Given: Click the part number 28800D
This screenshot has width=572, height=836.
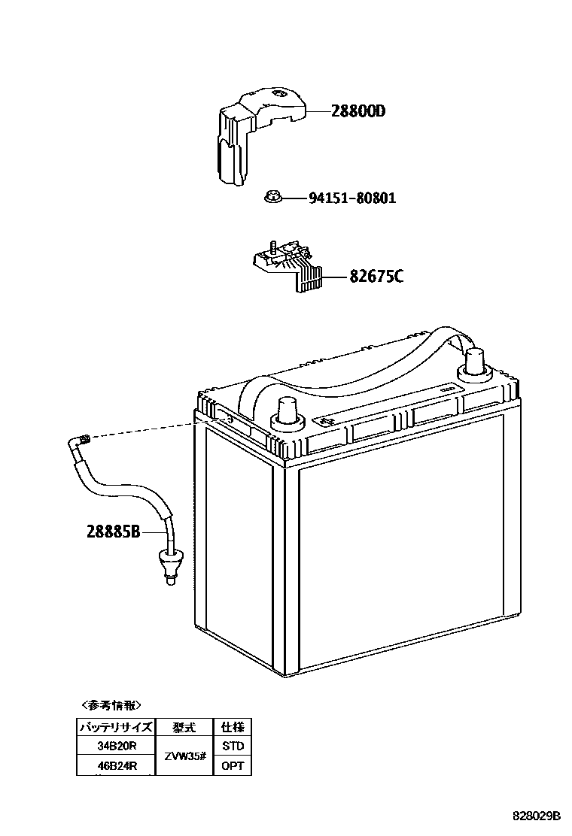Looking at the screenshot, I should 358,111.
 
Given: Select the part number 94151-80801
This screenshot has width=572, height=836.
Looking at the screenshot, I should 351,198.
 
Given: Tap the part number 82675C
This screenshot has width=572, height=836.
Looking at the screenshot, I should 376,276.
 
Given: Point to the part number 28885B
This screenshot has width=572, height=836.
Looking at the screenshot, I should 114,532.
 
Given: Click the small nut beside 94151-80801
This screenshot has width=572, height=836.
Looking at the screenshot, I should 272,198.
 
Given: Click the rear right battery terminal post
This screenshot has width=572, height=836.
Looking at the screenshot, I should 476,363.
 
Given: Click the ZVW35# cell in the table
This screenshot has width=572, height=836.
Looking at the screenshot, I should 184,756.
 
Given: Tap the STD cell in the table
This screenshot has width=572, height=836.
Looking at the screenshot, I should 233,746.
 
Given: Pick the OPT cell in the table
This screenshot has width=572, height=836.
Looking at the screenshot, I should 233,766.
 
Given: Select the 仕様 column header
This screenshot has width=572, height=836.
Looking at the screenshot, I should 233,727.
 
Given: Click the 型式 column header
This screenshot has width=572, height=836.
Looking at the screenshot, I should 184,727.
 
